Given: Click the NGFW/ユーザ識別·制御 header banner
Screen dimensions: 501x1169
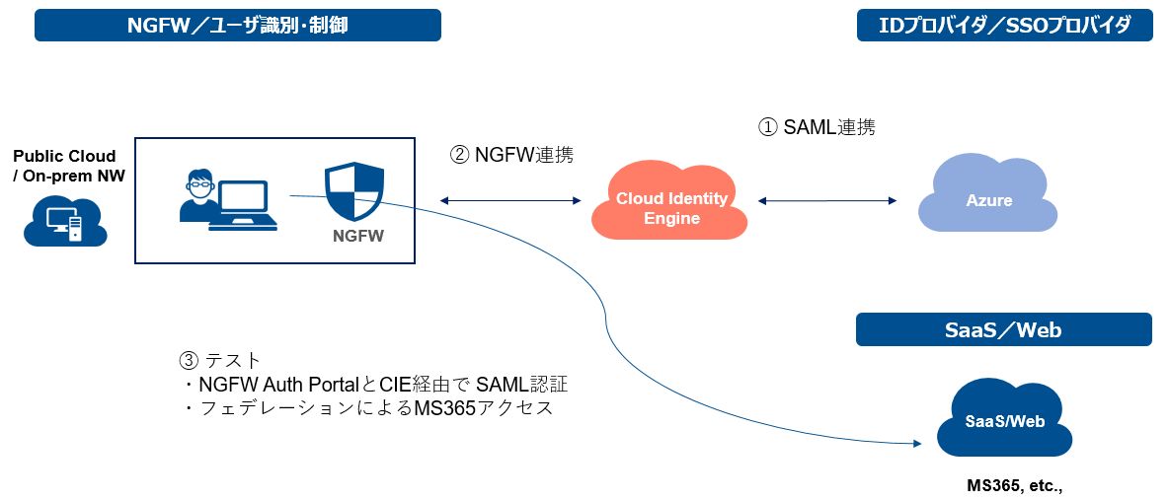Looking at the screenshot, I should [237, 26].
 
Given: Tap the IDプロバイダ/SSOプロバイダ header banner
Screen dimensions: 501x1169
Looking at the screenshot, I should [1004, 26].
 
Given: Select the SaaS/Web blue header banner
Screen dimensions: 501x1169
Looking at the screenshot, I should [1003, 329].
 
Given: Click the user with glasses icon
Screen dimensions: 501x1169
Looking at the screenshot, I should [196, 196].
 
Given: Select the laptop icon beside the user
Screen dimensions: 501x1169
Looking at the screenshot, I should [243, 206].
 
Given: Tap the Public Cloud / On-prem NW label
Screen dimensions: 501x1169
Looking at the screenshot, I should [64, 166].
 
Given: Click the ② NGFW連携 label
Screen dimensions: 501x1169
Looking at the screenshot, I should [510, 155].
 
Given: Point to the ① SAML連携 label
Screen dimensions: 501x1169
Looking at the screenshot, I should [816, 127].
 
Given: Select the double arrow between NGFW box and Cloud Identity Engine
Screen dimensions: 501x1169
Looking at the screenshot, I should [510, 200].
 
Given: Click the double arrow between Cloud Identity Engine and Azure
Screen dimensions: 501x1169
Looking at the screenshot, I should [827, 200].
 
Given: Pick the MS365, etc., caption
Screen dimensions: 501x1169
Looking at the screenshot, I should [1014, 486].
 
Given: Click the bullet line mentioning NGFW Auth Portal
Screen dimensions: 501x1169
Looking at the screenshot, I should [376, 385].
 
